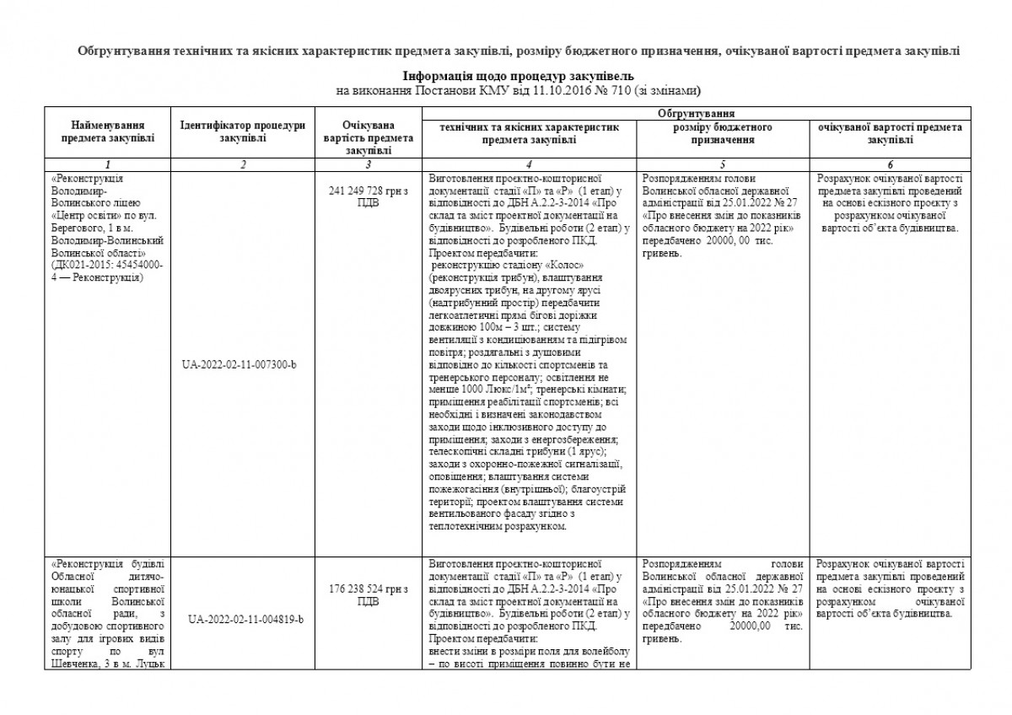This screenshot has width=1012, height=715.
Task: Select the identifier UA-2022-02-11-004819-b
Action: [x=243, y=619]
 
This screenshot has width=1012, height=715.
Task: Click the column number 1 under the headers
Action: [x=108, y=164]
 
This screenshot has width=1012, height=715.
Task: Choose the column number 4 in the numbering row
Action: [x=529, y=164]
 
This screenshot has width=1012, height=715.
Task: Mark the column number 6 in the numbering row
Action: [x=890, y=164]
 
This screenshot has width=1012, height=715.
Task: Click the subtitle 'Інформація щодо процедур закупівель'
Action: [x=519, y=76]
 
